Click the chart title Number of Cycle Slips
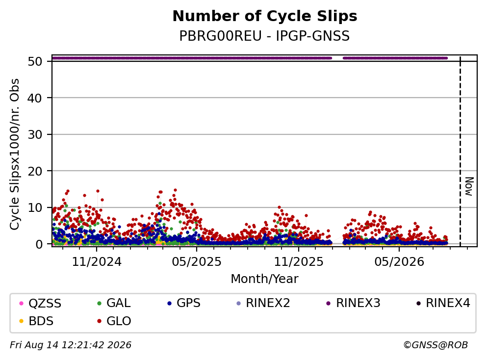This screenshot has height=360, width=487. pos(265,16)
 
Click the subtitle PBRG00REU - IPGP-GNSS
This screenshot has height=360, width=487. pos(265,36)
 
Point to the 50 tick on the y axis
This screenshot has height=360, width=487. pos(35,61)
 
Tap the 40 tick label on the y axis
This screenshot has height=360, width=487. pos(35,98)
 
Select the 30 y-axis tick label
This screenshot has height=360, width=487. pos(35,134)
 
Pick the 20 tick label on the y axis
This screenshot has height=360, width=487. pos(35,171)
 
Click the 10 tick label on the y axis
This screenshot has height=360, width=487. pos(35,207)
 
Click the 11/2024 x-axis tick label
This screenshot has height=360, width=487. pos(97,262)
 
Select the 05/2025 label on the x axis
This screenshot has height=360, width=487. pos(197,262)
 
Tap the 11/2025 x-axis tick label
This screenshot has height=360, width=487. pos(299,262)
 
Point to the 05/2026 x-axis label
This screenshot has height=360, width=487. pos(399,262)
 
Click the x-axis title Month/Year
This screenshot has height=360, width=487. pos(265,279)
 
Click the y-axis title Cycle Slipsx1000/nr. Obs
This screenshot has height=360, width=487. pos(14,154)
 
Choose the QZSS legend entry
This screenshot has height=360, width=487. pos(40,303)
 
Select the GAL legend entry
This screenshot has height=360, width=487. pos(114,303)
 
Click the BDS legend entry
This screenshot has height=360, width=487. pos(36,321)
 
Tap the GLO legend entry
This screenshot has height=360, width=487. pos(114,321)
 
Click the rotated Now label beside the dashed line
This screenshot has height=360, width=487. pos(469,186)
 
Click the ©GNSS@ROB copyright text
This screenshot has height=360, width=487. pos(436,345)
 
